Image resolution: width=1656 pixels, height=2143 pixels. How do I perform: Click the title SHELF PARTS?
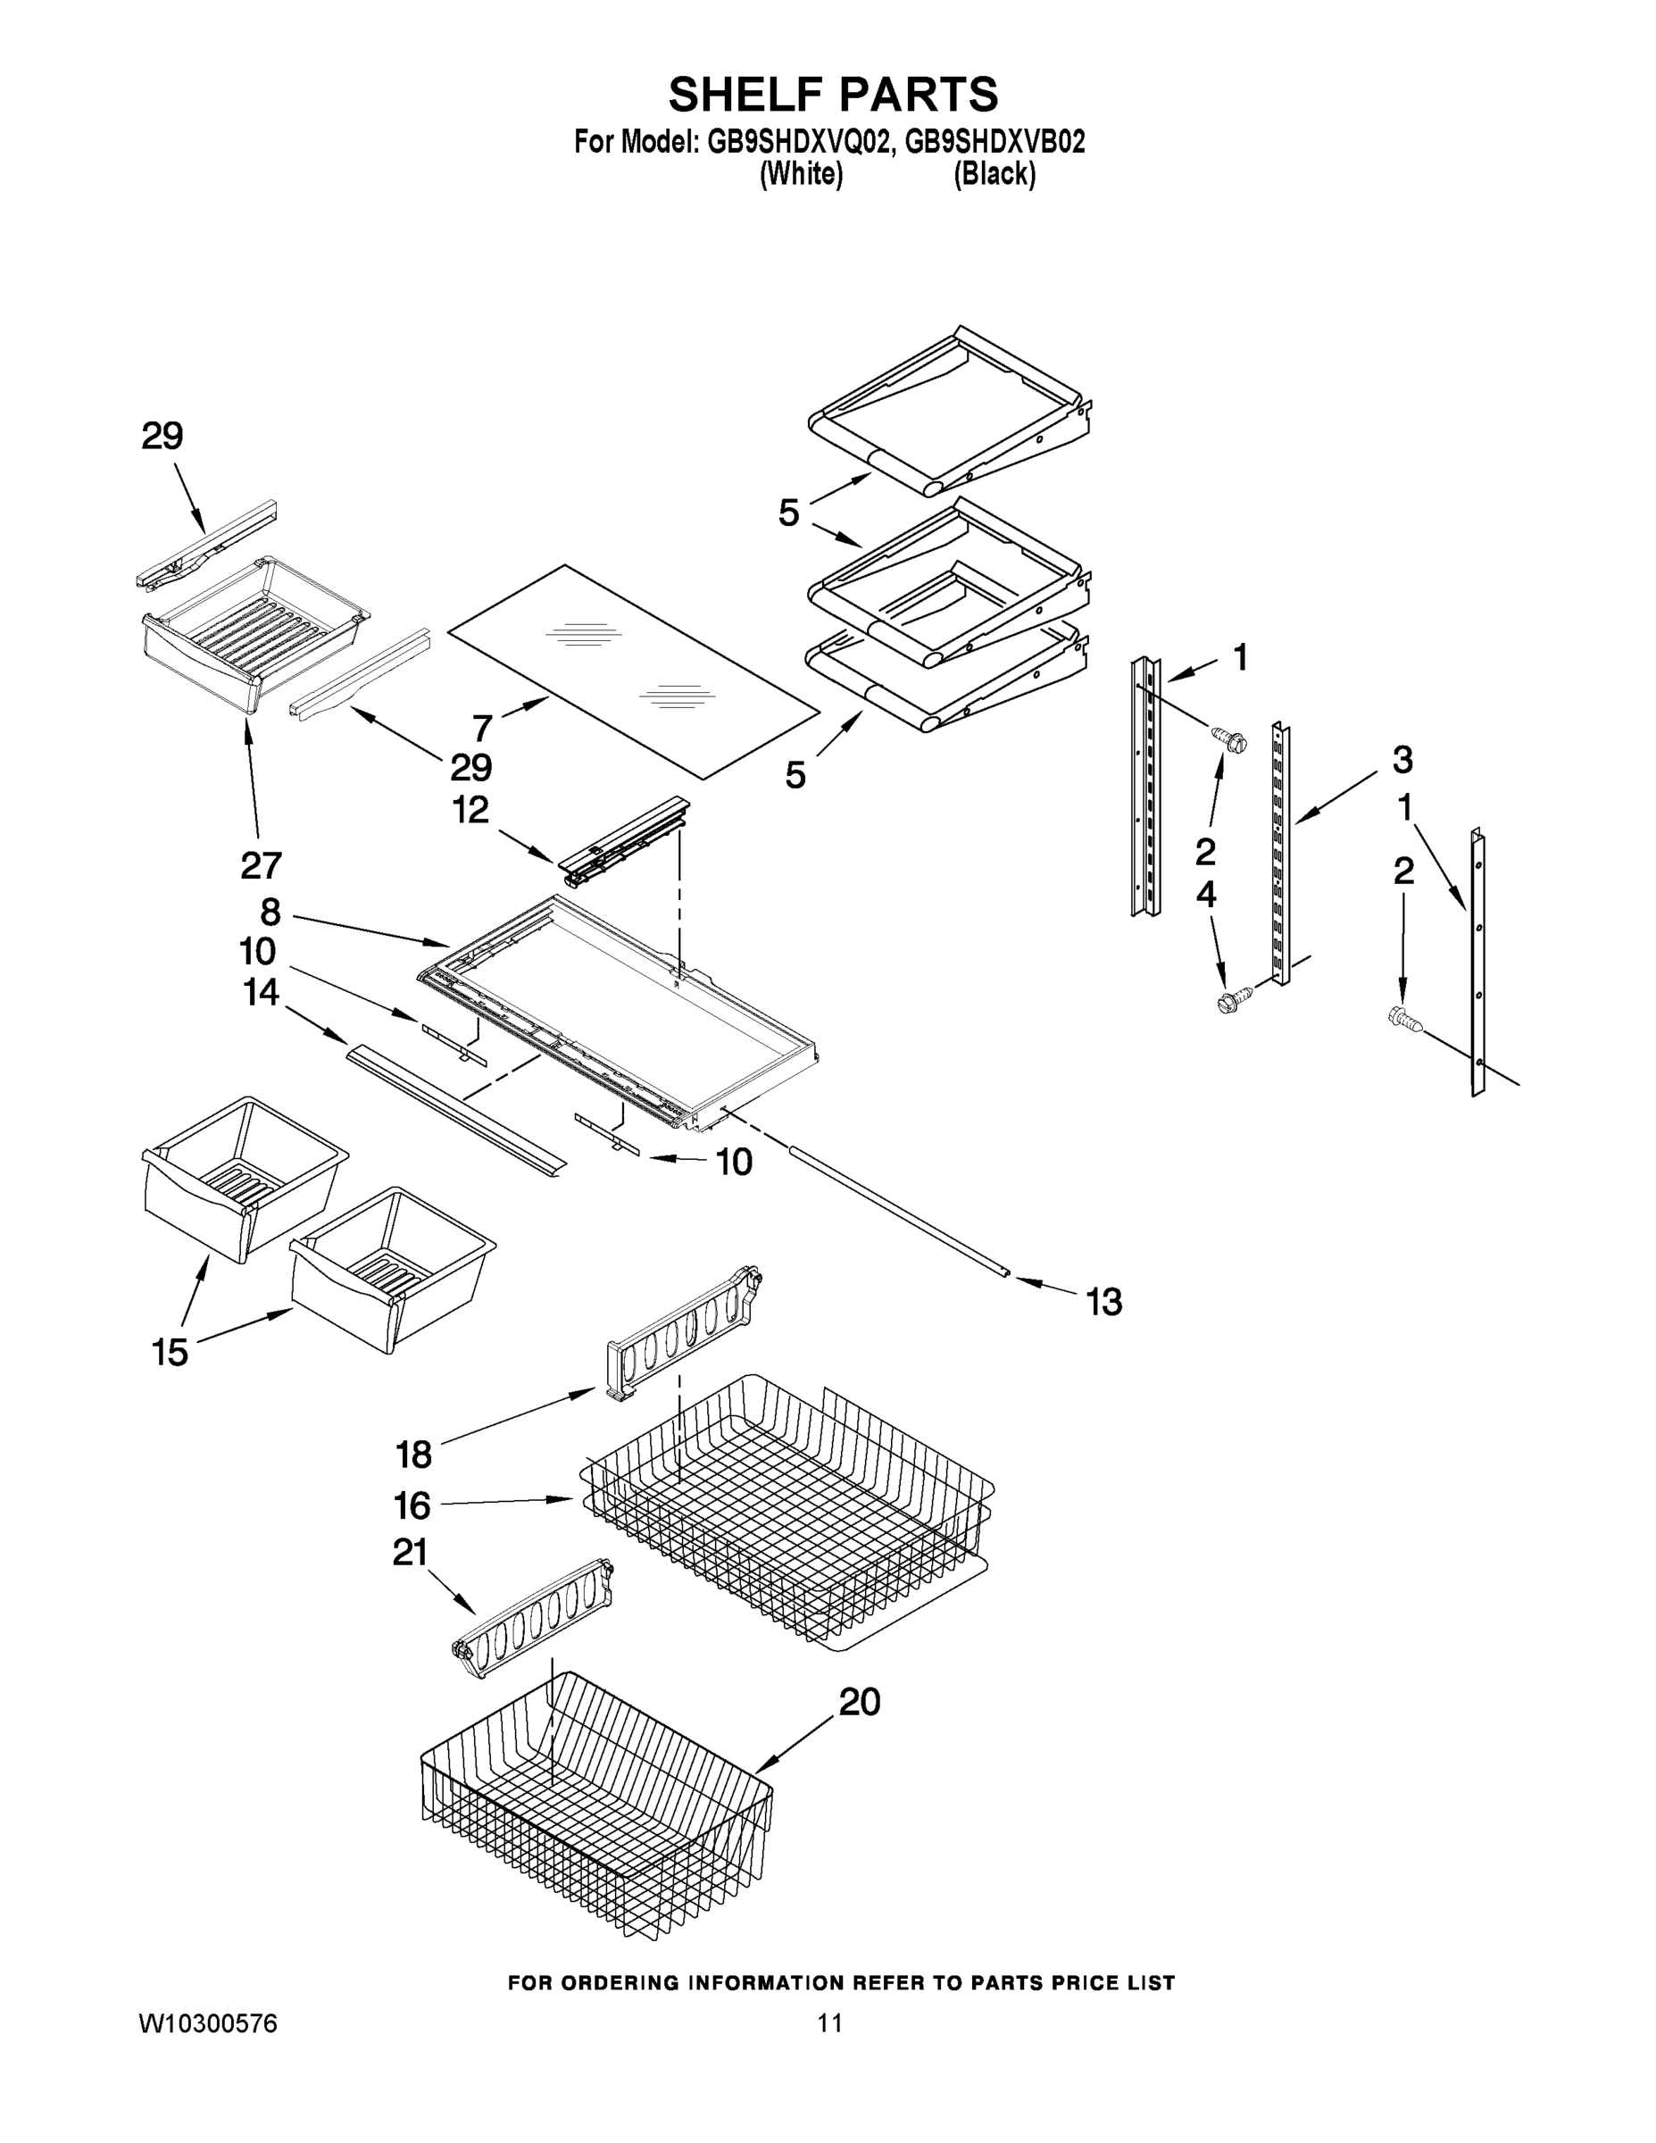click(x=833, y=96)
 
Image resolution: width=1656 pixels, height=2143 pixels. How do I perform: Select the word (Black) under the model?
click(x=994, y=175)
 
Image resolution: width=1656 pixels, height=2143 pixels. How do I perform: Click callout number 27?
click(x=261, y=864)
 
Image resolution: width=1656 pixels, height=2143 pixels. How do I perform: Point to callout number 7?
click(x=482, y=728)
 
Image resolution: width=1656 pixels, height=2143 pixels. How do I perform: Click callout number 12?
click(x=470, y=811)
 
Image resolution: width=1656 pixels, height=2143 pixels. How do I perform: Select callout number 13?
click(x=1103, y=1302)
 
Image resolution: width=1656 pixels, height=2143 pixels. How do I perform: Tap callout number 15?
click(x=170, y=1352)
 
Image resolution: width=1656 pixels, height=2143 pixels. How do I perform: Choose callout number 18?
click(x=413, y=1455)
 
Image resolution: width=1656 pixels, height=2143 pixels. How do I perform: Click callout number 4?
click(x=1206, y=894)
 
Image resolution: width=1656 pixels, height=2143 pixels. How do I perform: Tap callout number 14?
click(x=261, y=993)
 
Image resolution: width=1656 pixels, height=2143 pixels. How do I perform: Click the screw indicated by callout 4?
click(x=1227, y=1002)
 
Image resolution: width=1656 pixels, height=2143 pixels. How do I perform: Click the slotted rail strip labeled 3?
click(x=1281, y=854)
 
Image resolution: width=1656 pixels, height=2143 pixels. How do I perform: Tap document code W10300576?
click(x=207, y=2023)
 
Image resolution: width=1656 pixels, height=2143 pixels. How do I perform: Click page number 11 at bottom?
click(x=830, y=2023)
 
